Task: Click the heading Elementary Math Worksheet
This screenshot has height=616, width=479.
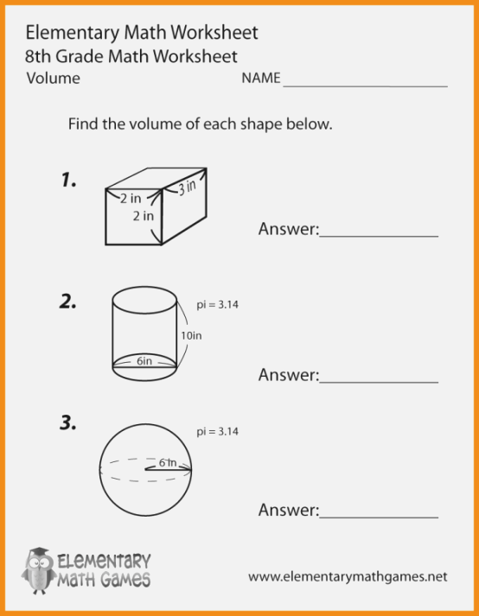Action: click(x=142, y=33)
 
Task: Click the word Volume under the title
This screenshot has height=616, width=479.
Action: click(x=53, y=79)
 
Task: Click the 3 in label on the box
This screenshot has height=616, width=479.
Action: click(x=187, y=187)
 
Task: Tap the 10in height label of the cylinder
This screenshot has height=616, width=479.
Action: click(x=191, y=334)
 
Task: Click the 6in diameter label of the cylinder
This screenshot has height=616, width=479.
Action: click(x=144, y=362)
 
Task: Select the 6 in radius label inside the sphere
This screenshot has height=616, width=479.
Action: click(x=167, y=463)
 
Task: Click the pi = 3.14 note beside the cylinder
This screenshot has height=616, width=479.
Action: click(x=217, y=305)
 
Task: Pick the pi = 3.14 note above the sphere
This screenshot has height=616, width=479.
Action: click(x=217, y=430)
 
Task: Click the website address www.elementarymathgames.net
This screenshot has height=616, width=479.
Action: click(x=348, y=575)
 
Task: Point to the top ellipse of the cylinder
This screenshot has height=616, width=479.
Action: click(x=144, y=299)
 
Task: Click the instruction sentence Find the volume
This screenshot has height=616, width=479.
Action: click(x=200, y=124)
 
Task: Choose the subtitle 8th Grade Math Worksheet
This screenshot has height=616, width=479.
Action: click(x=131, y=56)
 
